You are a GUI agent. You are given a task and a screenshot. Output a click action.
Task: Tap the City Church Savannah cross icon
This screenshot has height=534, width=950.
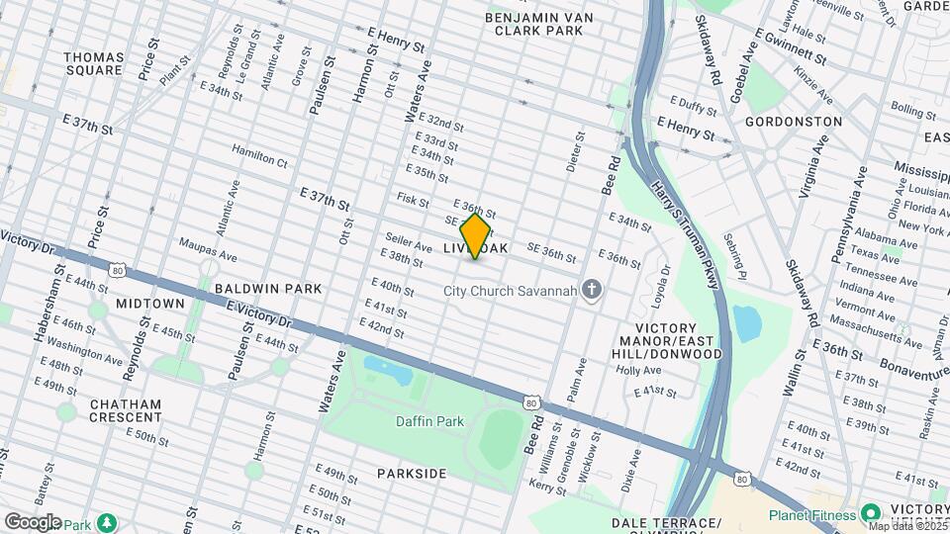(593, 290)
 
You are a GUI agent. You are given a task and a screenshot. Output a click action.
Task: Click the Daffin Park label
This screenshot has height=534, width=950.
(431, 421)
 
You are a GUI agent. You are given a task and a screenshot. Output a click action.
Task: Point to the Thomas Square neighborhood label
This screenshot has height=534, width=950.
(94, 63)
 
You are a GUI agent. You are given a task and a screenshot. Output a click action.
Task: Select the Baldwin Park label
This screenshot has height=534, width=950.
(268, 289)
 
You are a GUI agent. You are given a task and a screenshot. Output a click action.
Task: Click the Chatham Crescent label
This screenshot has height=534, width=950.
(126, 412)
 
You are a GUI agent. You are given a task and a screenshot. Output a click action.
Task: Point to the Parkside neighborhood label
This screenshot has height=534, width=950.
(412, 474)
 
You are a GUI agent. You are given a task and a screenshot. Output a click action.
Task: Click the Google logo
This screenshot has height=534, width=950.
(32, 521)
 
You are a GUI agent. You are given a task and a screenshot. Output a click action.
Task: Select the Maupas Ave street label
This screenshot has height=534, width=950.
(208, 248)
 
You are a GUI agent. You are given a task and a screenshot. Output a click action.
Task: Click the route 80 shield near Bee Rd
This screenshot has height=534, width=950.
(531, 401)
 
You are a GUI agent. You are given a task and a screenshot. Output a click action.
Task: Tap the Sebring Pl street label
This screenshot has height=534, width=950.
(733, 241)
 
